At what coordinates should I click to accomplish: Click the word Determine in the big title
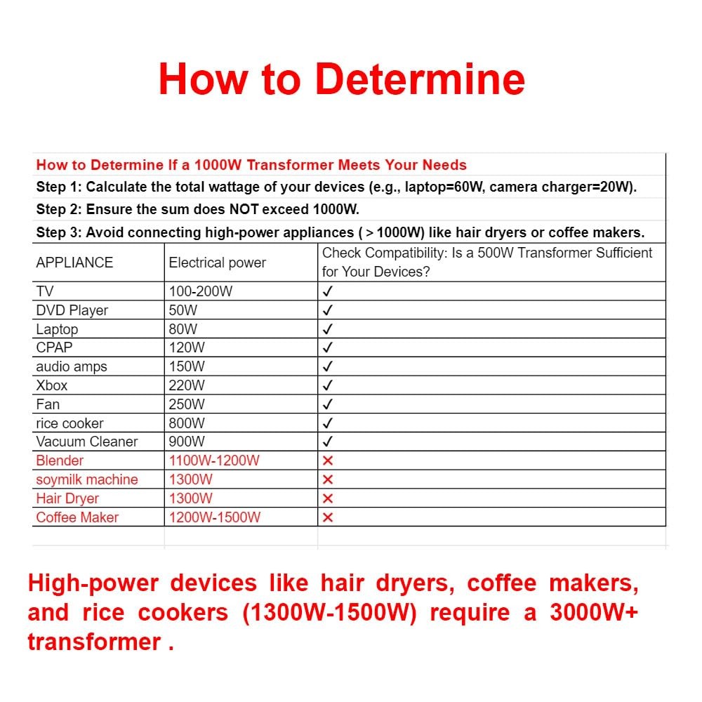point(420,79)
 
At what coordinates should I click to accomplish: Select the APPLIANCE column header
point(74,263)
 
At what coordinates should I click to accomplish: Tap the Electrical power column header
point(217,263)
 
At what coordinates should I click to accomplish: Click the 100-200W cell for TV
point(201,291)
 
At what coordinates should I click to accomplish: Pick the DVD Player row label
point(72,310)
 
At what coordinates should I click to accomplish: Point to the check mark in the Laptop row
point(328,329)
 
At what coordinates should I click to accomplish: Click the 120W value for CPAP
point(187,347)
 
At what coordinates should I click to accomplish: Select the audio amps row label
point(72,366)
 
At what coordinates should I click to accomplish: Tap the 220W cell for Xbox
point(187,385)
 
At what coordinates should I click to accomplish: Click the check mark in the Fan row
point(328,404)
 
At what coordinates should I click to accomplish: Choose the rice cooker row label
point(69,423)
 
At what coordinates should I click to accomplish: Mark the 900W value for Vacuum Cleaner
point(187,442)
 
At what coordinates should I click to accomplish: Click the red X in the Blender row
point(328,461)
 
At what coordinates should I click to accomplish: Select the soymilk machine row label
point(87,479)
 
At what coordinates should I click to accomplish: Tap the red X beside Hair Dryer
point(328,498)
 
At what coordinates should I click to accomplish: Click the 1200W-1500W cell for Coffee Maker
point(214,517)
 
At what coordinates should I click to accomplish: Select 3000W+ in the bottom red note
point(594,612)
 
